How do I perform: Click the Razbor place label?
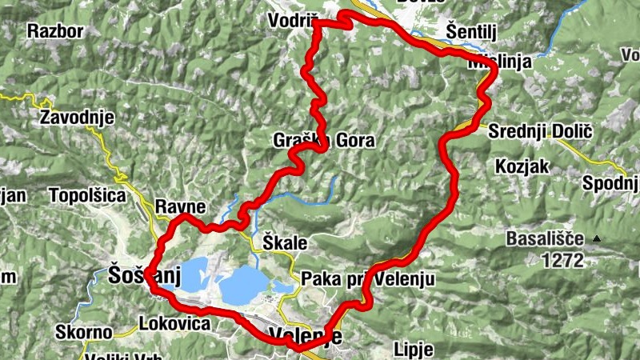pos(55,31)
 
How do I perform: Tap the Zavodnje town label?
pos(77,118)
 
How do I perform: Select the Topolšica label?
pos(87,195)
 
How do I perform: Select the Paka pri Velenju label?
pos(367,279)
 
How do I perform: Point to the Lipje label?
pos(414,349)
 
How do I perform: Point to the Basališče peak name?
pos(546,238)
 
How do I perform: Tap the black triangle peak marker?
pos(598,238)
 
